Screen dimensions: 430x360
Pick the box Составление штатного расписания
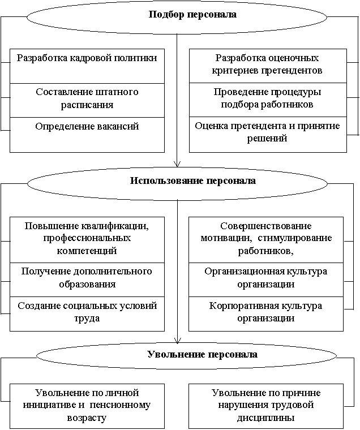[x=87, y=98]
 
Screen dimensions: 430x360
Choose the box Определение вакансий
[x=87, y=134]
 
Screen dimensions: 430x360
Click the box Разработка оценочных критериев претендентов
[x=268, y=64]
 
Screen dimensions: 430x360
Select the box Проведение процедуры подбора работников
[x=268, y=98]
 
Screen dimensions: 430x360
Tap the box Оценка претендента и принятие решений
[x=268, y=134]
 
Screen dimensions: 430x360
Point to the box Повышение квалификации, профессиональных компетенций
[x=87, y=238]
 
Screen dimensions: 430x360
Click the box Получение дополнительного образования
[x=87, y=278]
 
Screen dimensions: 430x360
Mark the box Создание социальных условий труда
[x=87, y=312]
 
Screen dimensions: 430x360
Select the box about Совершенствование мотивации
[x=266, y=238]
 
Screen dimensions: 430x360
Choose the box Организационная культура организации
[x=266, y=278]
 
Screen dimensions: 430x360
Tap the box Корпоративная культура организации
[x=266, y=312]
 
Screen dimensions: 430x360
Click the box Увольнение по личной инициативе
[x=87, y=406]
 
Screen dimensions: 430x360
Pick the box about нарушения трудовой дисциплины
[x=266, y=406]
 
